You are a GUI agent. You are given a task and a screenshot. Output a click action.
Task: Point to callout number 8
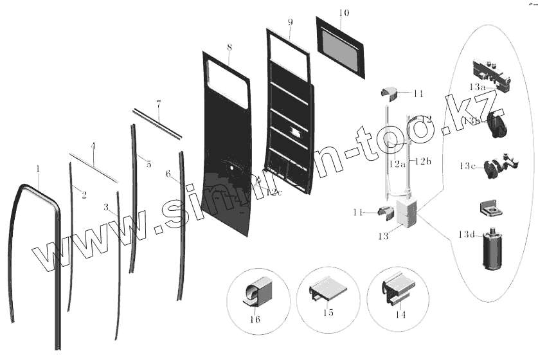coord(229,48)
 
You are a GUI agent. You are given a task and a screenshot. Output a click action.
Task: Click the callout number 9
coord(291,22)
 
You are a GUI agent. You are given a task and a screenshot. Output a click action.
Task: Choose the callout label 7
coord(158,103)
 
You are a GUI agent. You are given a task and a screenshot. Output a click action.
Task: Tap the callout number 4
coord(93,147)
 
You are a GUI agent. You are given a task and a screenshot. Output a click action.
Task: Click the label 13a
coord(477,86)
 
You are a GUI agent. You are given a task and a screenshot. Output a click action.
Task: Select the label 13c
coord(467,166)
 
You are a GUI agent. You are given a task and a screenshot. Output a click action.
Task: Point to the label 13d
coord(467,235)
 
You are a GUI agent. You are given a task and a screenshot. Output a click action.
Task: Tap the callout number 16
coord(255,319)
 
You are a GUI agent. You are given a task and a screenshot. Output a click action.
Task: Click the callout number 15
coord(328,313)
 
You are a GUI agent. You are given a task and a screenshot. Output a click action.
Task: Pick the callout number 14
coord(400,316)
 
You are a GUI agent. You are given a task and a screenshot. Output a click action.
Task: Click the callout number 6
coord(168,174)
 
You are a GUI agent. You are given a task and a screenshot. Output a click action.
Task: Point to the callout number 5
coord(148,165)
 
